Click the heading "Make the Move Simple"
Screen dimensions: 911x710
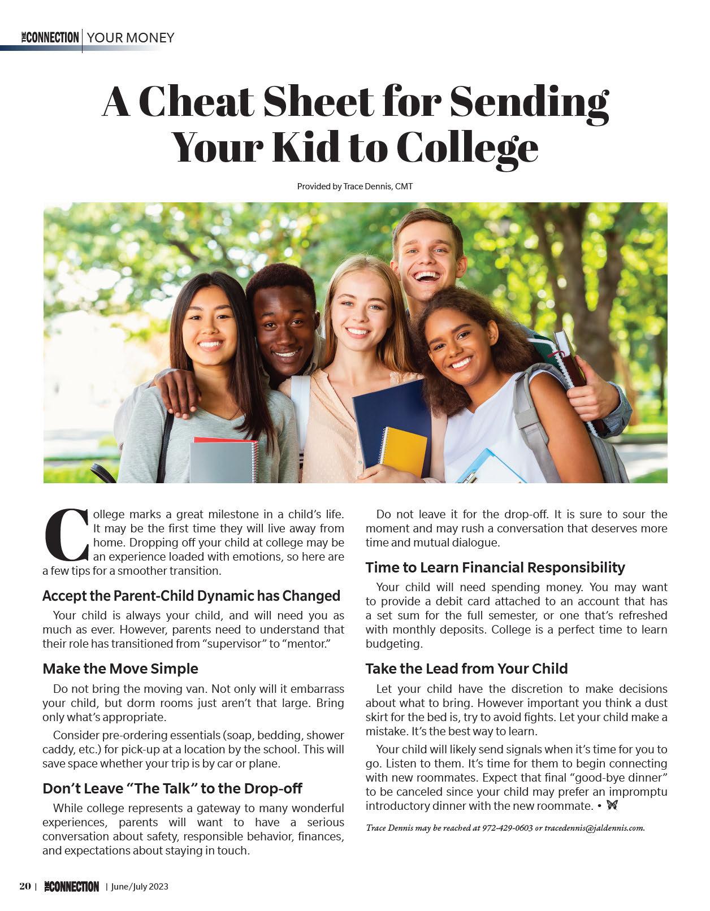point(120,669)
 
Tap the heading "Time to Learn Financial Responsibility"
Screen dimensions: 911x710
point(495,567)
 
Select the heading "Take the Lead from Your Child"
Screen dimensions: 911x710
point(466,669)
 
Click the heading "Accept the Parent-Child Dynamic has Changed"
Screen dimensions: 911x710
point(191,596)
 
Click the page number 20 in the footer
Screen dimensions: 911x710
point(25,886)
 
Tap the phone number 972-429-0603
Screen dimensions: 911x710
point(507,828)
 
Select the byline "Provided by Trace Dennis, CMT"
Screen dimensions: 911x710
point(354,186)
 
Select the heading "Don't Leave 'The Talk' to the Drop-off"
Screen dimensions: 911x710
point(172,788)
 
